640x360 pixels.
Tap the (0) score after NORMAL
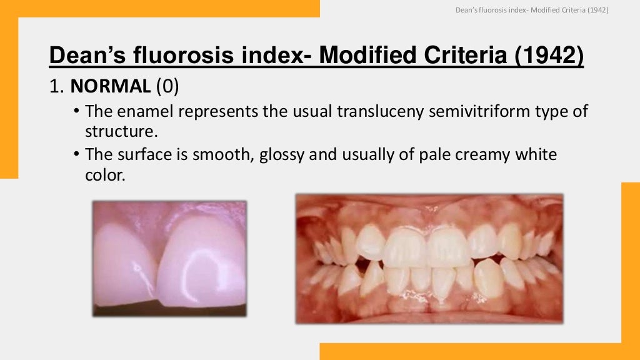tap(167, 86)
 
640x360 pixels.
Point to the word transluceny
tap(371, 112)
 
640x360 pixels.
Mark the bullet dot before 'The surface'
tap(76, 154)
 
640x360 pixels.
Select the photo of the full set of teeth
tap(429, 258)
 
